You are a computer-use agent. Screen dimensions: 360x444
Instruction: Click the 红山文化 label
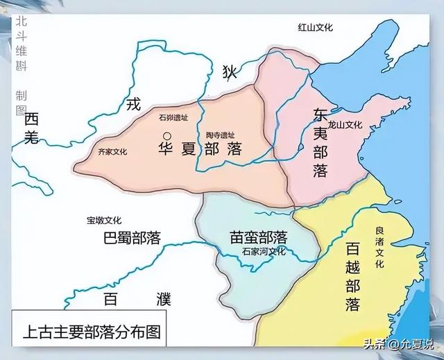315,27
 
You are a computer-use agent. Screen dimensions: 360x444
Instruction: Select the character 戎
133,105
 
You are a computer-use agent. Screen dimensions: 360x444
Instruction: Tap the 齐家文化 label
112,151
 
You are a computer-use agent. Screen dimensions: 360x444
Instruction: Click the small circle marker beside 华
166,136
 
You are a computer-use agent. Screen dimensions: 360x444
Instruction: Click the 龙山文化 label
345,126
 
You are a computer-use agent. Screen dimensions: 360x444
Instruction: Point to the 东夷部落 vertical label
320,143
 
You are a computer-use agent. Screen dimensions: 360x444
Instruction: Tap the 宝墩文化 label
103,221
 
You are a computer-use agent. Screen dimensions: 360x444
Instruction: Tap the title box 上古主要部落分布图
89,330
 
